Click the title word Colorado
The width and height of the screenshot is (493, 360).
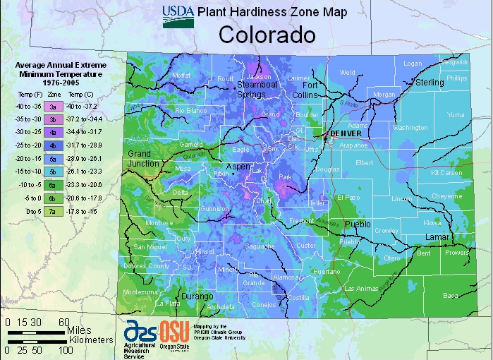(x=266, y=35)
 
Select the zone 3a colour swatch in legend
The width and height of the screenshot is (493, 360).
(x=53, y=106)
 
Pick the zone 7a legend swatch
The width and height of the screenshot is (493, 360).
(x=53, y=211)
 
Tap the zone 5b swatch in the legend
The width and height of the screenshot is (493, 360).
(x=53, y=172)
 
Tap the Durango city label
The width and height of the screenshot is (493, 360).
(x=197, y=296)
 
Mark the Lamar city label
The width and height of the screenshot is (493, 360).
(x=437, y=237)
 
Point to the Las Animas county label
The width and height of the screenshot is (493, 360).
(x=361, y=289)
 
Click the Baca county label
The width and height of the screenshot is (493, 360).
(x=450, y=296)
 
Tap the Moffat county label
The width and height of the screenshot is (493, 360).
(x=181, y=75)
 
